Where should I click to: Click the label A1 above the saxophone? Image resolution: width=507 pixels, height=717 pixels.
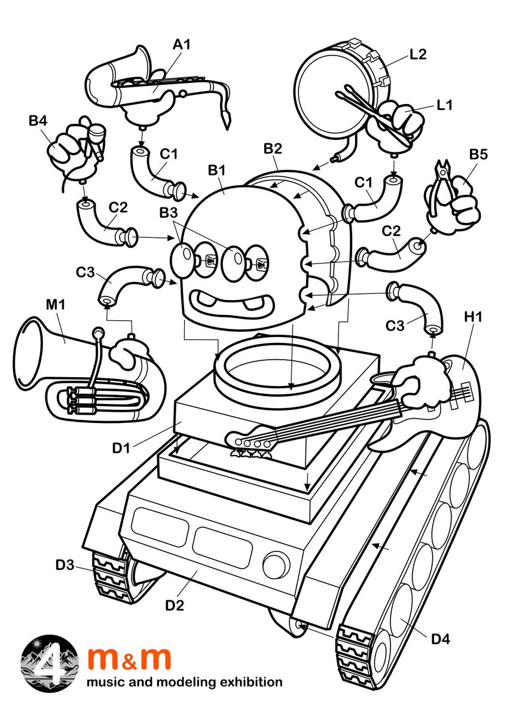tap(182, 44)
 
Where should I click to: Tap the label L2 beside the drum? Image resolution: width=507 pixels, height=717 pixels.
tap(418, 54)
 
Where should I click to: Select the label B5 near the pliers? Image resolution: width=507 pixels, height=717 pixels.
tap(478, 154)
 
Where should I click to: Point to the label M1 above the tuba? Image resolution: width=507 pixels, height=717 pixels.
tap(56, 305)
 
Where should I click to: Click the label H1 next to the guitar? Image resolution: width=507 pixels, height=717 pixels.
tap(473, 317)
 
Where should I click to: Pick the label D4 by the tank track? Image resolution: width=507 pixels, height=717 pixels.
tap(441, 639)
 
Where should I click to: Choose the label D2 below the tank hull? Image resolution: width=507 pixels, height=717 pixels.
tap(175, 605)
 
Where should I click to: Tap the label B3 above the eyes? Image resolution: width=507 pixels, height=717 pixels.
tap(169, 212)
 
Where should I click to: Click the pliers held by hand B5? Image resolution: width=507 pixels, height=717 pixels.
tap(441, 186)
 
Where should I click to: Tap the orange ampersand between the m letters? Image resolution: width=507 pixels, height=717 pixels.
tap(130, 663)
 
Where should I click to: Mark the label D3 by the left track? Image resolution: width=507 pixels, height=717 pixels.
tap(65, 565)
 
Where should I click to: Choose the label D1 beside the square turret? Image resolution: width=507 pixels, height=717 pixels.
tap(121, 448)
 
